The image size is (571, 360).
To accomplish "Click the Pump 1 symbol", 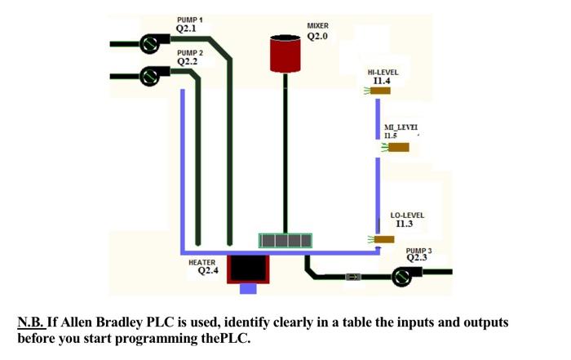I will pos(149,42).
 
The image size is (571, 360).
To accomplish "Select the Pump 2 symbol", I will pos(148,76).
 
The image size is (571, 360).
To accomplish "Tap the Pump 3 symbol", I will pos(401,278).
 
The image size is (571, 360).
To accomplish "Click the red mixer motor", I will pos(285,52).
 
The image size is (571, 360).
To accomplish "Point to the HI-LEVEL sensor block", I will pos(380,91).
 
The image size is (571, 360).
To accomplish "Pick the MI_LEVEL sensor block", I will pos(398,147).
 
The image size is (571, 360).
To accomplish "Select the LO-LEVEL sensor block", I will pos(383,239).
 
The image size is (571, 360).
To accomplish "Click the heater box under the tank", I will pos(248,268).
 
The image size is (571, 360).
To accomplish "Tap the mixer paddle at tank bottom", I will pos(285,240).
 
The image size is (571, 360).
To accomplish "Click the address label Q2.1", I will pos(187,29).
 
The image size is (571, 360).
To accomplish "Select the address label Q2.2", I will pos(187,62).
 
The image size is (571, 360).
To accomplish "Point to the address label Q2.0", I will pos(317,37).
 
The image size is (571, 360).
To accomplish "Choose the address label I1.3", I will pos(405,224).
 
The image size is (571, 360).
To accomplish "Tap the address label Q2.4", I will pos(208,271).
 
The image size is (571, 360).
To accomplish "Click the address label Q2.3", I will pos(417,258).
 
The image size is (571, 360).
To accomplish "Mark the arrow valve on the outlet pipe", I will pos(353,278).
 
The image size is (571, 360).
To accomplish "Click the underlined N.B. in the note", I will pos(31,322).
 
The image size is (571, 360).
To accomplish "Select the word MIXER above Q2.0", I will pos(317,26).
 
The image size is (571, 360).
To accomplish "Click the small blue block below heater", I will pos(248,288).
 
